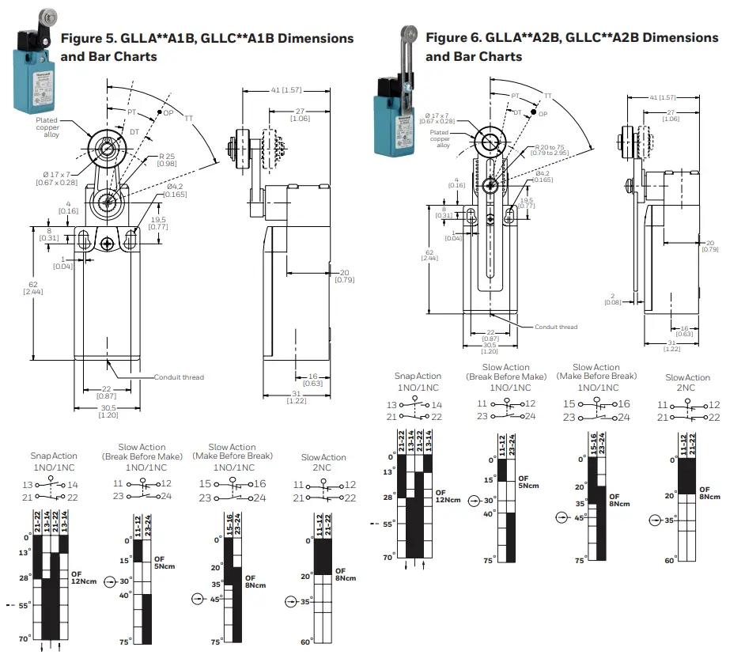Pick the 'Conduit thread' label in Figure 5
179,377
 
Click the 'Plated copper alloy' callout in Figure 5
47,127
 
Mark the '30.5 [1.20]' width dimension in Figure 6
490,347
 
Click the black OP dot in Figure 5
159,113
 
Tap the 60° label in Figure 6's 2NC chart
669,560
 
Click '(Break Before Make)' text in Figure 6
506,377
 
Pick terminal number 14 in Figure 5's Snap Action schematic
72,484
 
